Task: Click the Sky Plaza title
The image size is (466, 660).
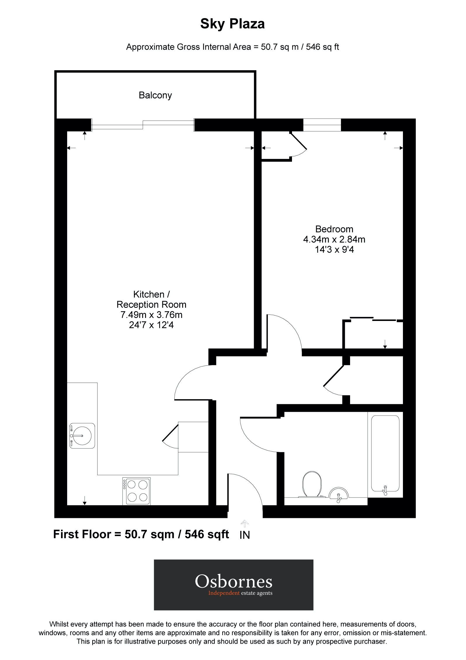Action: tap(232, 24)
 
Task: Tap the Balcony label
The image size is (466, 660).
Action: tap(155, 95)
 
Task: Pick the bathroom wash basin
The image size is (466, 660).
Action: tap(338, 494)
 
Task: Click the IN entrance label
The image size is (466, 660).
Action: tap(244, 535)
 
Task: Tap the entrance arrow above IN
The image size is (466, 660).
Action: tap(244, 523)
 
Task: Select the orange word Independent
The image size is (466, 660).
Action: tap(224, 593)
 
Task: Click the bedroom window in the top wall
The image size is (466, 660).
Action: tap(322, 125)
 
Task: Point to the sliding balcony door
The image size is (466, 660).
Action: tap(143, 125)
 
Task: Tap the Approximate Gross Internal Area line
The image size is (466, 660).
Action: tap(232, 47)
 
